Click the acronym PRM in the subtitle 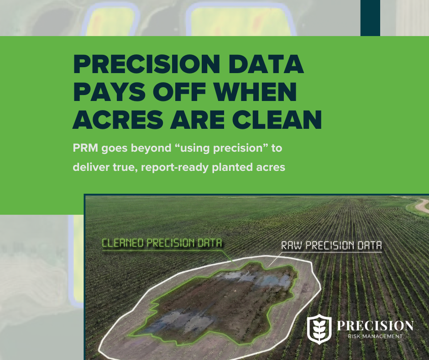coord(85,149)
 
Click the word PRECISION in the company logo coord(375,326)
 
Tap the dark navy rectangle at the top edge coord(370,17)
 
